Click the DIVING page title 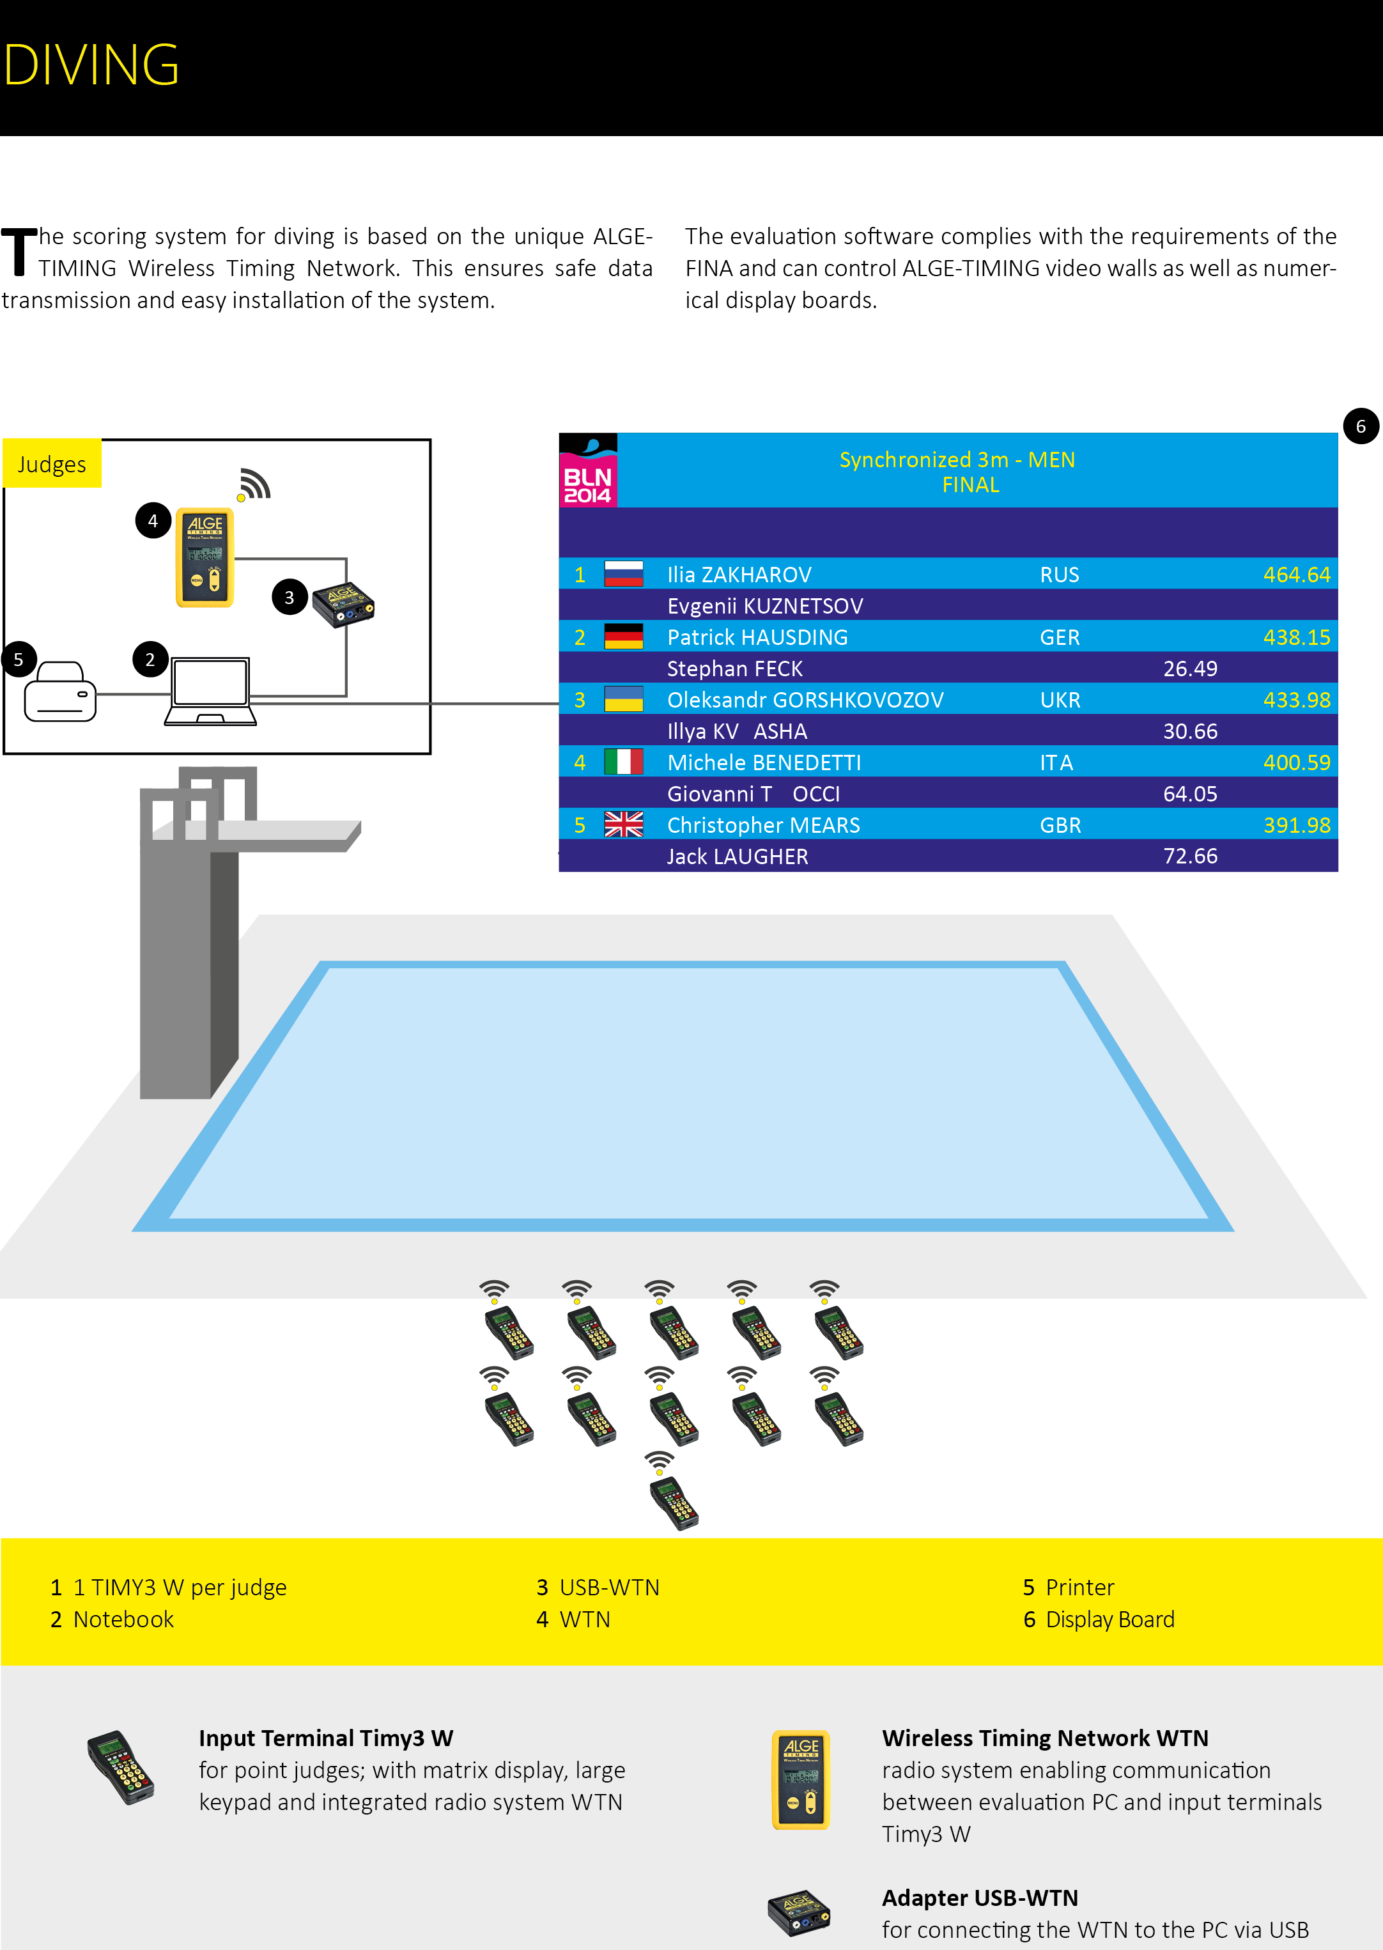coord(91,65)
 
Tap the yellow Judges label coord(52,464)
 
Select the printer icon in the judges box coord(59,692)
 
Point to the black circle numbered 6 coord(1360,426)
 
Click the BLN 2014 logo coord(587,471)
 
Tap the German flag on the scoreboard coord(623,637)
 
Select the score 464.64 coord(1296,575)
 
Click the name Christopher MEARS coord(763,825)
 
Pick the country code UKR coord(1060,700)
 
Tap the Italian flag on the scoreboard coord(623,762)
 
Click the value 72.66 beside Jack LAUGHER coord(1190,856)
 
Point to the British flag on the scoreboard coord(623,824)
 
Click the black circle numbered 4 coord(153,521)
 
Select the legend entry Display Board coord(1109,1619)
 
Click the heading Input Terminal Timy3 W coord(326,1738)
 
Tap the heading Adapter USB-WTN coord(979,1898)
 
